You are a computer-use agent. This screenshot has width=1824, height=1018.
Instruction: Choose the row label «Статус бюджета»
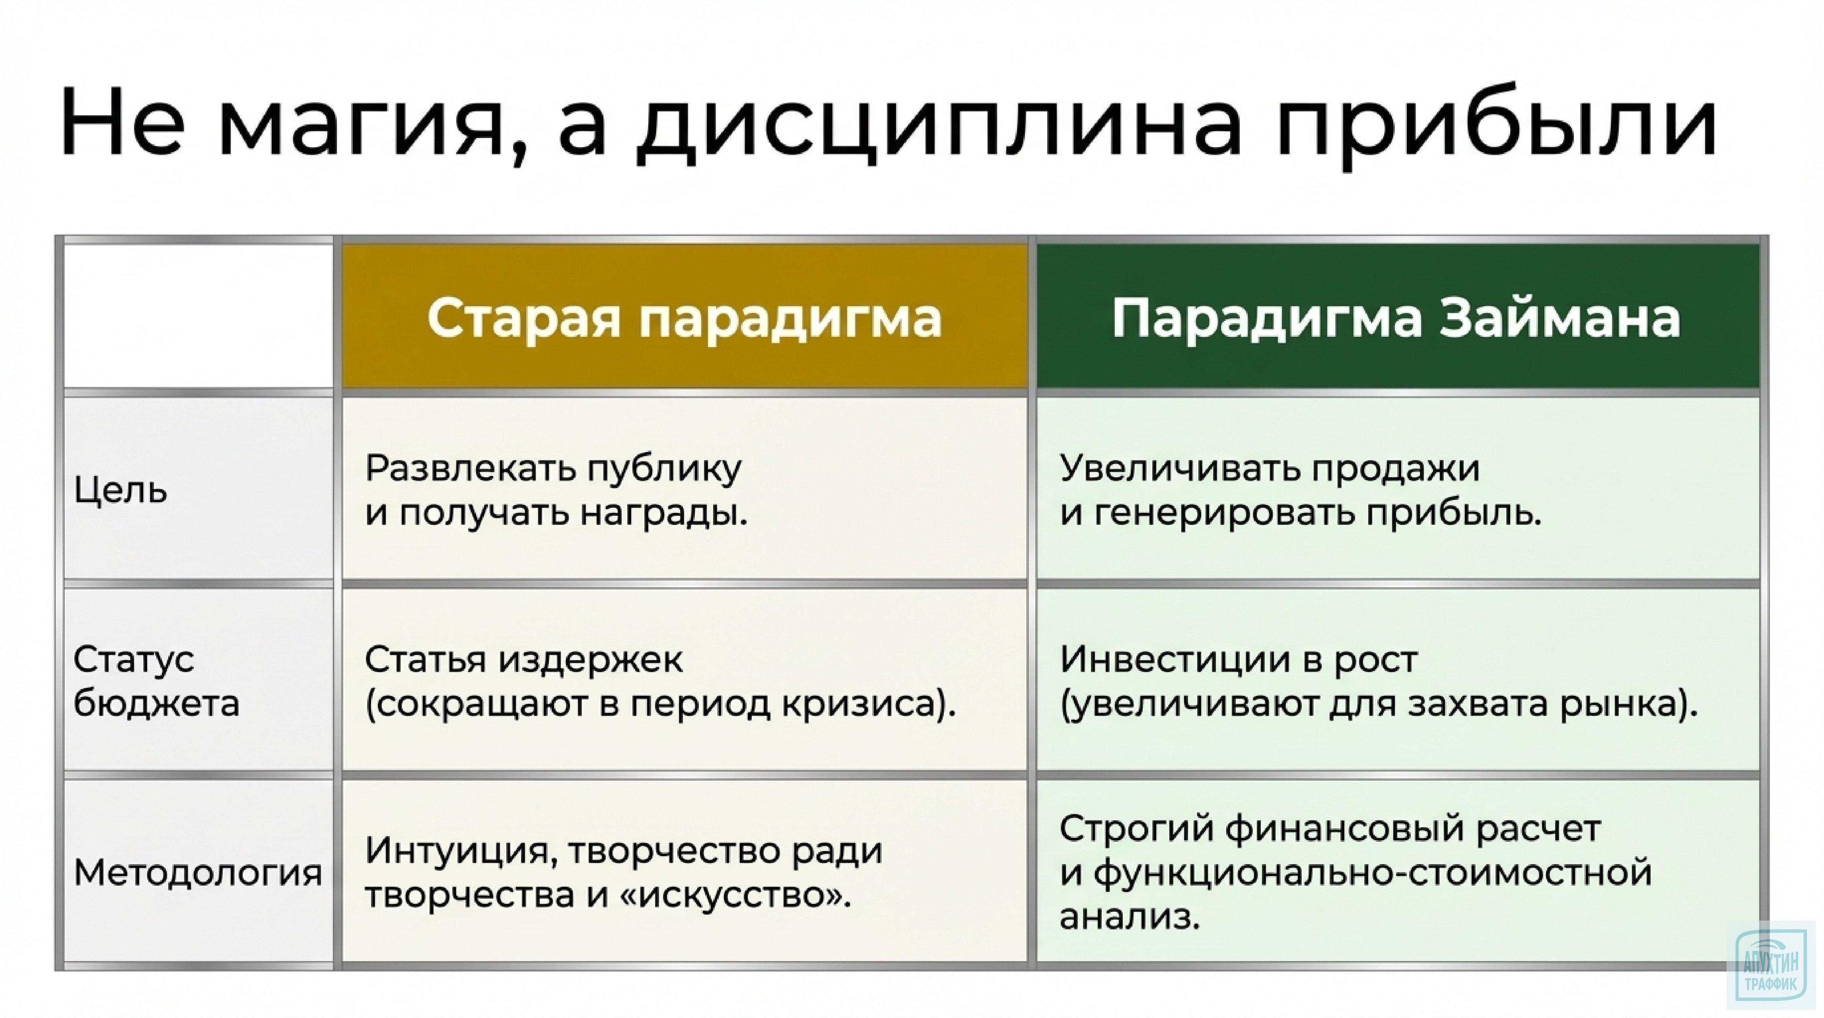click(x=156, y=681)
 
